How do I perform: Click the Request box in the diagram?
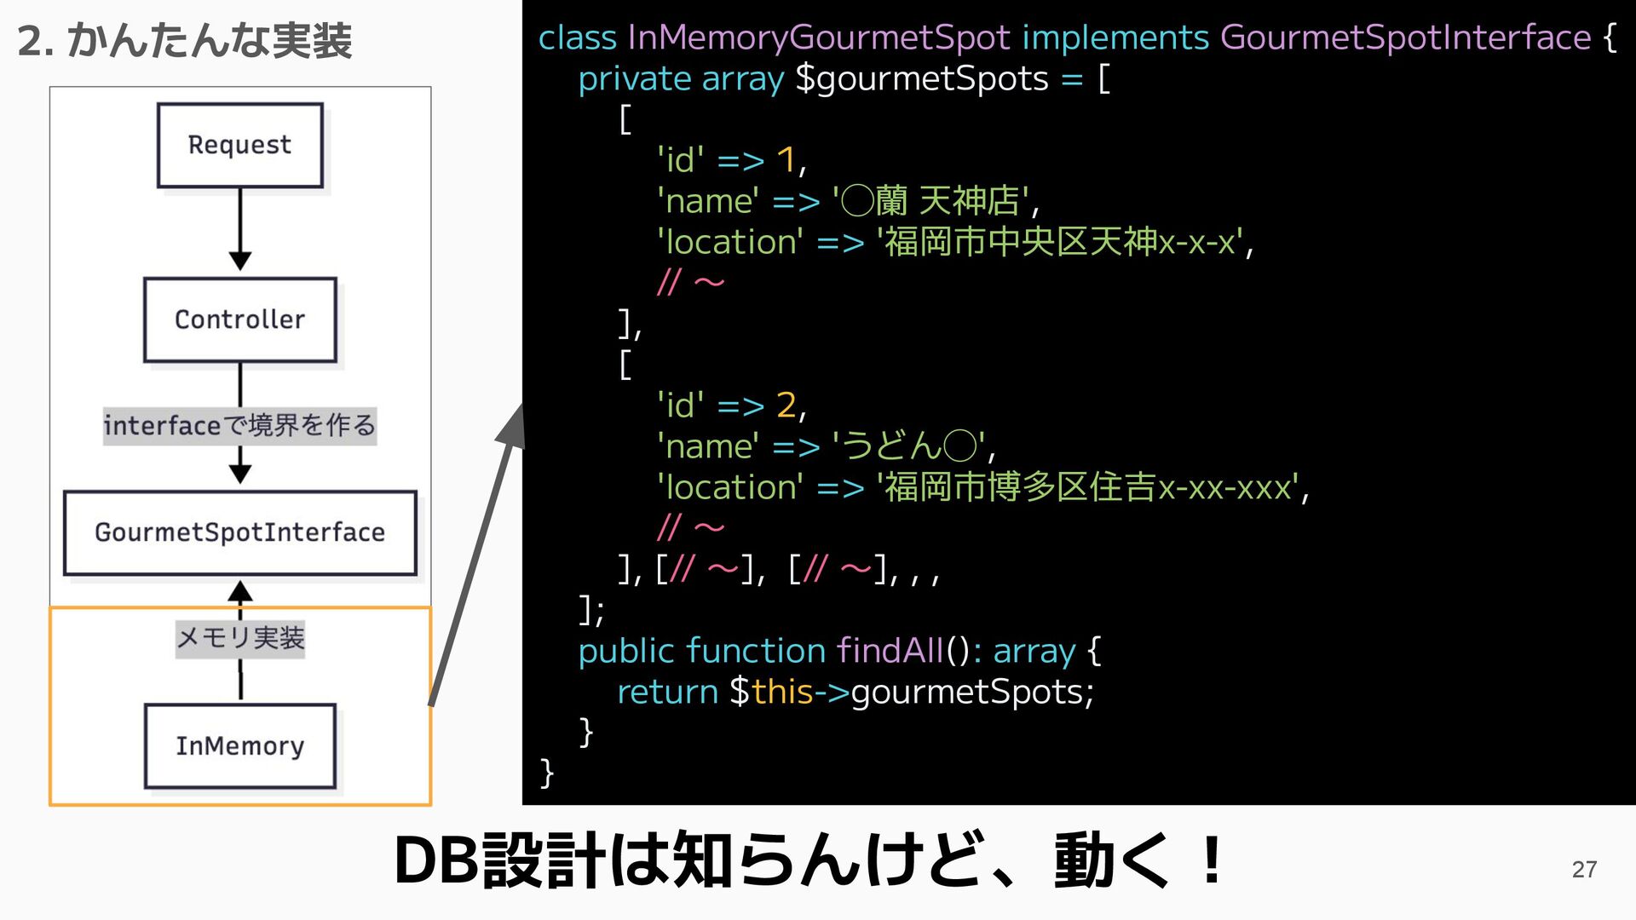click(239, 146)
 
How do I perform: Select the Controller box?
click(239, 319)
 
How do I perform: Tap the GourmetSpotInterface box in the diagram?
click(239, 532)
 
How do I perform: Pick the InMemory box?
click(239, 745)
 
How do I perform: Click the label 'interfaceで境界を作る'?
click(239, 425)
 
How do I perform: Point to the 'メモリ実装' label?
click(239, 638)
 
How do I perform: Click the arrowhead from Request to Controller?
click(240, 260)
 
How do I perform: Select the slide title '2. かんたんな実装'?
click(184, 41)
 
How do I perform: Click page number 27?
click(1584, 869)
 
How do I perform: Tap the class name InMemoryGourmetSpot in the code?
click(819, 38)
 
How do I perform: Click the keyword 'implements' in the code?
click(1115, 38)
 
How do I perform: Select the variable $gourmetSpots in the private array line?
click(922, 79)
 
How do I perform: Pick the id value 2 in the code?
click(786, 405)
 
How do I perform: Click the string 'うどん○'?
click(908, 446)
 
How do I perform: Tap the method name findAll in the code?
click(890, 651)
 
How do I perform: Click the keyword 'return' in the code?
click(667, 692)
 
